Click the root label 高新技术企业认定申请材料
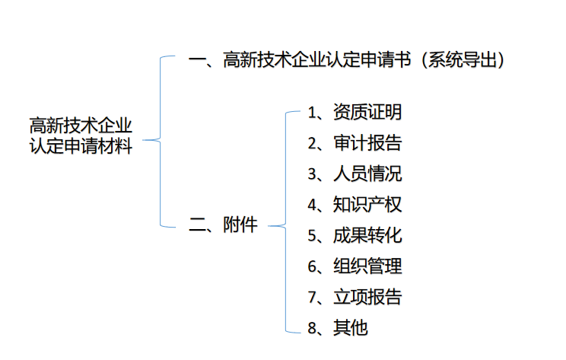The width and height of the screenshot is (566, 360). (81, 135)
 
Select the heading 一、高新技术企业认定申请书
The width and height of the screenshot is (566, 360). (300, 59)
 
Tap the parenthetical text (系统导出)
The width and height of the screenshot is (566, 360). (463, 60)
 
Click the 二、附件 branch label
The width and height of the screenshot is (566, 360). (223, 225)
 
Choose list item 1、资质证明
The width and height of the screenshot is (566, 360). (355, 112)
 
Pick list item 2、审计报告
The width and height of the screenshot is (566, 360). (355, 143)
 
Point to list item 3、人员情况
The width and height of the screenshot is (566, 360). (355, 174)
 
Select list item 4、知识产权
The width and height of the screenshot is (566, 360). (355, 205)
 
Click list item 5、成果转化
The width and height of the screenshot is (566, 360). (355, 235)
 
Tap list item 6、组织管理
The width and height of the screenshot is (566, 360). (355, 266)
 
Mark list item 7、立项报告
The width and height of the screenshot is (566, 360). (355, 297)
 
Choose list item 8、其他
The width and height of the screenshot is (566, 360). (338, 328)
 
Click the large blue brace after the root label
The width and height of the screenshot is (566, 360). (161, 140)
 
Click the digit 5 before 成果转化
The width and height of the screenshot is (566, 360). (312, 236)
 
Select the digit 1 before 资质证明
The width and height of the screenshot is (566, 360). (312, 113)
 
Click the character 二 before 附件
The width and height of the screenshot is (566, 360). (197, 225)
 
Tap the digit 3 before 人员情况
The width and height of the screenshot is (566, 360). (312, 174)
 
